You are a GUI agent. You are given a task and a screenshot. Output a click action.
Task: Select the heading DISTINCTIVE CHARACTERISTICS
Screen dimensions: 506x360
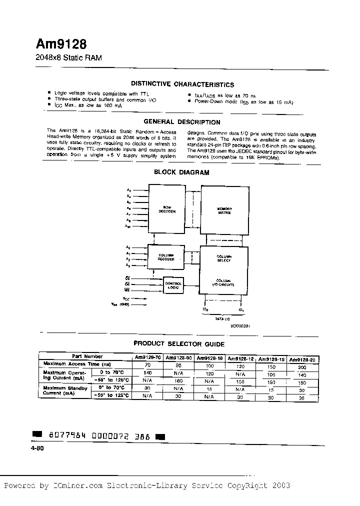click(x=182, y=84)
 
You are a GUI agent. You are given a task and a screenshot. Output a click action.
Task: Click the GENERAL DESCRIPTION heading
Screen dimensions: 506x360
click(x=181, y=122)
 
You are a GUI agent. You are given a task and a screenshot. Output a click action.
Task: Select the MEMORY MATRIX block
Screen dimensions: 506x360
click(x=223, y=210)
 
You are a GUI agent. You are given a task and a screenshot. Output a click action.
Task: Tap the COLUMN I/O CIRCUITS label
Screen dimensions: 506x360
click(x=223, y=283)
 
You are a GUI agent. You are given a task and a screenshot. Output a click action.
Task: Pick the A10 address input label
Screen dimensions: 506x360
click(x=128, y=227)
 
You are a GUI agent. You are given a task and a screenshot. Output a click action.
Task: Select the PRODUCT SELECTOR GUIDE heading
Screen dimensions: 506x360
click(x=179, y=344)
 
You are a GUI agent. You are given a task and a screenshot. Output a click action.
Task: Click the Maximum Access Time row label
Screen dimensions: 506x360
click(x=77, y=364)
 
